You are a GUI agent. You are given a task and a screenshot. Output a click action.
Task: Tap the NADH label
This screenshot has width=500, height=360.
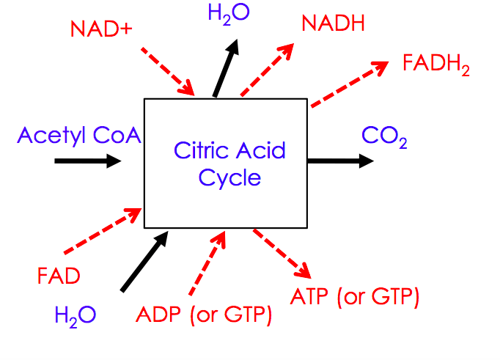coord(333,23)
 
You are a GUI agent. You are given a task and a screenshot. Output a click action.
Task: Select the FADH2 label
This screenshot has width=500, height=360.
coord(436,64)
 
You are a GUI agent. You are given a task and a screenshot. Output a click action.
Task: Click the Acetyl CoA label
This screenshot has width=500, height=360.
coord(79,135)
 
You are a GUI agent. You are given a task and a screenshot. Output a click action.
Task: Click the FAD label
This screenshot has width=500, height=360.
coord(58,277)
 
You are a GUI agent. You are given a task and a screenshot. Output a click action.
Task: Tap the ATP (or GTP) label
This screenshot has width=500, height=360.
coord(355,297)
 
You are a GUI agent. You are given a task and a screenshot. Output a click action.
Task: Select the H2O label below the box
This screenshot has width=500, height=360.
coord(75,315)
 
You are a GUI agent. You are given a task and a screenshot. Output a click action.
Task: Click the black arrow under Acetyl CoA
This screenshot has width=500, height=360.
coord(87,161)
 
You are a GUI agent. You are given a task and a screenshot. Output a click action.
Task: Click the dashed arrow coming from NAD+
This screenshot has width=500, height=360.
coord(167,70)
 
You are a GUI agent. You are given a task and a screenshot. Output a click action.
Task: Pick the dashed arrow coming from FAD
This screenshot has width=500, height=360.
coord(103,231)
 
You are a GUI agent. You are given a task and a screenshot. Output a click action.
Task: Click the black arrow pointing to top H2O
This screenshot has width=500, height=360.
coord(226,70)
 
